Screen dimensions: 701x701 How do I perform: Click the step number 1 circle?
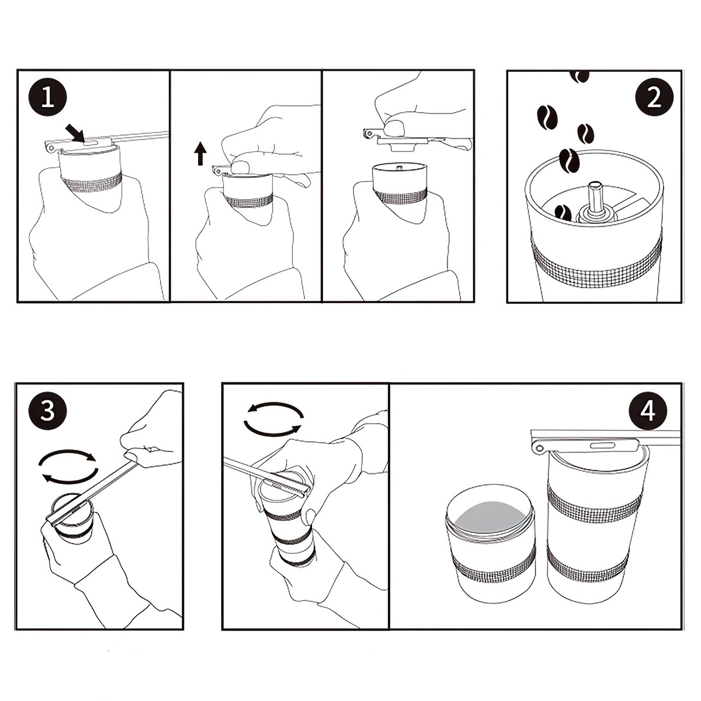pyautogui.click(x=47, y=98)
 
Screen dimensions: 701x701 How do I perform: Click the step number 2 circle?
pyautogui.click(x=654, y=98)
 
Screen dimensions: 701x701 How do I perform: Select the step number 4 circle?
pyautogui.click(x=648, y=411)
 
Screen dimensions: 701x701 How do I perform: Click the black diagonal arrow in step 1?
pyautogui.click(x=75, y=132)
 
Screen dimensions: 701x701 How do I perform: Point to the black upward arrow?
pyautogui.click(x=200, y=154)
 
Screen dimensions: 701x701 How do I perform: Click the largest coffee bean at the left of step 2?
pyautogui.click(x=547, y=117)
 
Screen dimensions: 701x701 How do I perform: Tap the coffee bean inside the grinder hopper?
pyautogui.click(x=563, y=213)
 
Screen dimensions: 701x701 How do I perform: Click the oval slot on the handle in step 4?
pyautogui.click(x=602, y=445)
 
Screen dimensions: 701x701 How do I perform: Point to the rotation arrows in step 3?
pyautogui.click(x=68, y=467)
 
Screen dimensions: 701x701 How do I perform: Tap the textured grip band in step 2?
pyautogui.click(x=595, y=262)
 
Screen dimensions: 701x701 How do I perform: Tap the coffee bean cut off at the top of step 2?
pyautogui.click(x=579, y=76)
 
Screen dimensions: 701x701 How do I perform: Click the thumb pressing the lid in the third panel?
pyautogui.click(x=396, y=128)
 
